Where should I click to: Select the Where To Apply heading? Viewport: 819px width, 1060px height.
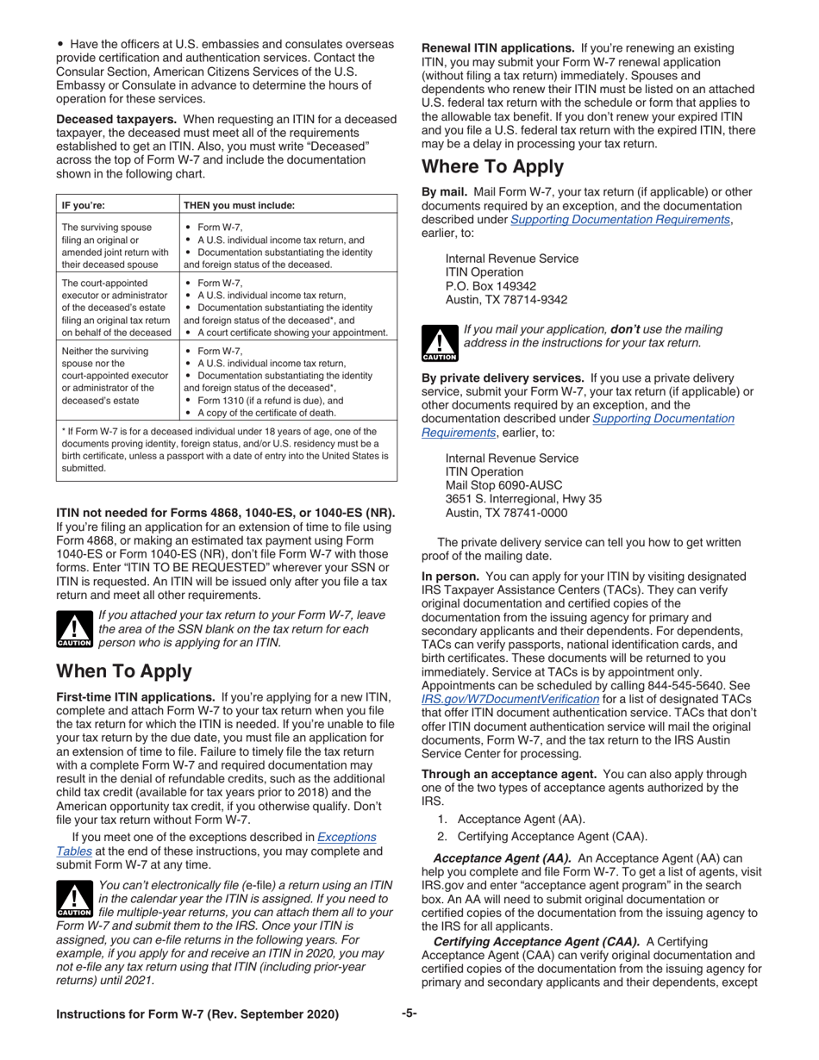coord(491,166)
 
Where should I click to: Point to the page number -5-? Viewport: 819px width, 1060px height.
coord(409,1013)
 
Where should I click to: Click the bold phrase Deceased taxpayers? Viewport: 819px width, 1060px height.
coord(109,117)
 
